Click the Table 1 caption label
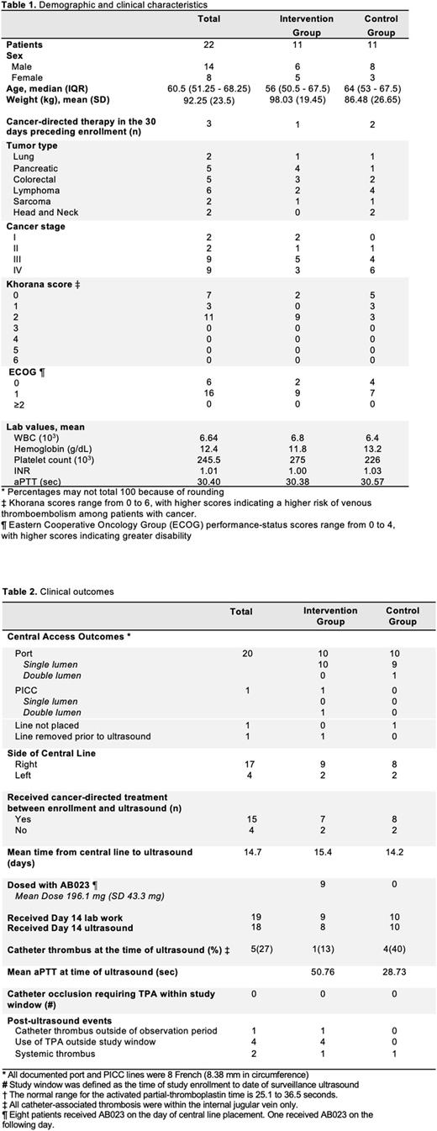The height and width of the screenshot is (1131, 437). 18,4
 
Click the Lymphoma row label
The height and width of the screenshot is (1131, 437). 32,190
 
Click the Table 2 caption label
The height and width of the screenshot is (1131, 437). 18,592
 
